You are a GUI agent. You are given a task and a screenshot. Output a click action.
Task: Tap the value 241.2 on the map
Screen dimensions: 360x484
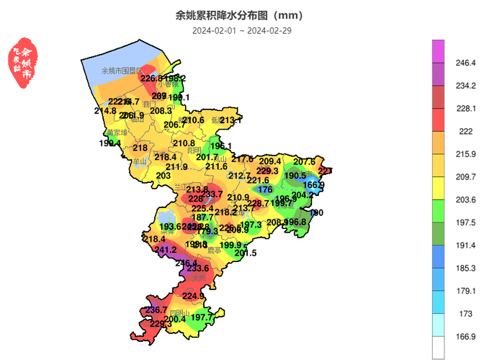[x=166, y=250]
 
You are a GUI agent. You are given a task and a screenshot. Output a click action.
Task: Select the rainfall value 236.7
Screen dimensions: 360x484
[x=156, y=310]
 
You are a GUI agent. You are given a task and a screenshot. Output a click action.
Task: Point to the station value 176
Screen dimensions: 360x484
[x=265, y=189]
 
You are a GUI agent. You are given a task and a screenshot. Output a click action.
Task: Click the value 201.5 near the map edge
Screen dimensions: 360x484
[x=246, y=253]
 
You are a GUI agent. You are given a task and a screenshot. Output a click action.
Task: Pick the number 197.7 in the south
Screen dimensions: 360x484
[x=202, y=318]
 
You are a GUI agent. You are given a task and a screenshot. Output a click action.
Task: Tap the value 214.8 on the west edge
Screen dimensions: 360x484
[x=105, y=111]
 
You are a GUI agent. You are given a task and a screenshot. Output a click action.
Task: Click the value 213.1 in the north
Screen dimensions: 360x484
[x=230, y=120]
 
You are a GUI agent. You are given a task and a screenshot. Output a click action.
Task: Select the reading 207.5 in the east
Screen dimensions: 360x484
[x=305, y=162]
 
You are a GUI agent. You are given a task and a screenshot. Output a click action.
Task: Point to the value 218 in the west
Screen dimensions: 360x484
[x=140, y=148]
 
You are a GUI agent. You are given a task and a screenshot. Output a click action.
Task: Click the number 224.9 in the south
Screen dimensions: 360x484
[x=193, y=296]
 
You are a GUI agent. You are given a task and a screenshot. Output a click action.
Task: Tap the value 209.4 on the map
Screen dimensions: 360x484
[x=270, y=161]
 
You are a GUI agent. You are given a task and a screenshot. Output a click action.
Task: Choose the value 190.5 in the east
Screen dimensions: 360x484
[x=295, y=176]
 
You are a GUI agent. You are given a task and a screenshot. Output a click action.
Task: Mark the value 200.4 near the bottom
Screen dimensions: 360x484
[x=175, y=319]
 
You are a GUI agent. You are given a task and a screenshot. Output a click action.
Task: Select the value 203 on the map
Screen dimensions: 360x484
[x=163, y=176]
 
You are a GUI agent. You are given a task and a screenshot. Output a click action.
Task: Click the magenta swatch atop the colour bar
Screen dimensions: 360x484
[x=438, y=51]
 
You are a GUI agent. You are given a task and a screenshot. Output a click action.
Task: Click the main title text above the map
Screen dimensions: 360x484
[x=239, y=15]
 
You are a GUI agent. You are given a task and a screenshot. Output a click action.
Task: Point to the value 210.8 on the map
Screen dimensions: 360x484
[x=184, y=143]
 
